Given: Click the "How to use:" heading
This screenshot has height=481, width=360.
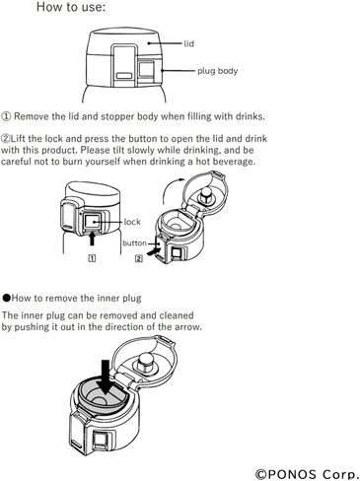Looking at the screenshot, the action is [x=71, y=7].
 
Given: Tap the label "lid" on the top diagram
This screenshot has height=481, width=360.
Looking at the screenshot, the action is [x=189, y=43].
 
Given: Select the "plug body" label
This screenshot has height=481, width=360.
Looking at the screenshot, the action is [x=217, y=71].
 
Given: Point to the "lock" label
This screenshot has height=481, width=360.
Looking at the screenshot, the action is [x=132, y=222].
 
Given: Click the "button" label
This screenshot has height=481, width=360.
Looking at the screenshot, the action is [x=134, y=243].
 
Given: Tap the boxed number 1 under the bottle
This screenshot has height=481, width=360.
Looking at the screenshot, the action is [x=93, y=258].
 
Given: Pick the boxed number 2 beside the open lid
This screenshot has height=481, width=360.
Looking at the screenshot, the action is [x=139, y=258].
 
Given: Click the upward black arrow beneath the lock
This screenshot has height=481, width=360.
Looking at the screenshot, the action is [x=93, y=238].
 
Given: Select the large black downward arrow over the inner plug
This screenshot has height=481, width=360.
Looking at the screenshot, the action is [x=106, y=377].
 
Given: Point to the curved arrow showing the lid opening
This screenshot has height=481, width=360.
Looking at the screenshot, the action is [x=168, y=188].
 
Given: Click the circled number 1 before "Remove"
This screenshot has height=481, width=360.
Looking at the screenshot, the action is [x=6, y=116].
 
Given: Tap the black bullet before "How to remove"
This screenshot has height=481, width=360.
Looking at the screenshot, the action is [x=7, y=298].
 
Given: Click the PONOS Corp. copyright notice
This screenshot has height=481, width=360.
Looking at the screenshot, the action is [x=307, y=474].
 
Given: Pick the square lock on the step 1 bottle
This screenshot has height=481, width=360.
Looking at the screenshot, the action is [x=93, y=221].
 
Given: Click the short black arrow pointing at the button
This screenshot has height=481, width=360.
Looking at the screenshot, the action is [x=154, y=252].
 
